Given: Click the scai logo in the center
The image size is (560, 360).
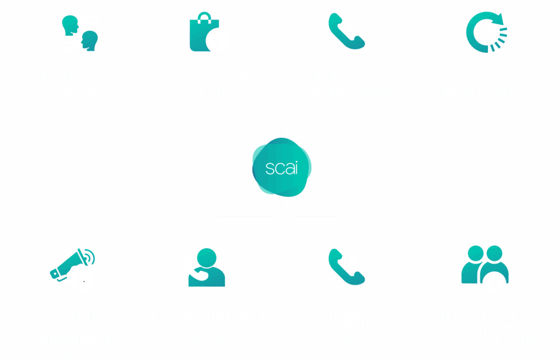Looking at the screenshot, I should coord(281,167).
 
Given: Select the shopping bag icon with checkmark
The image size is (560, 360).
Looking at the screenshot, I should coord(208,34).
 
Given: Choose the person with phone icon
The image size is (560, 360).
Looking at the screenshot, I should coord(206,268).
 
